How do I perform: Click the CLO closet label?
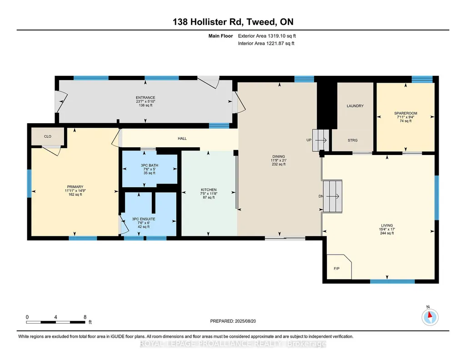(x=48, y=136)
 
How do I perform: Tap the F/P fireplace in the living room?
(x=339, y=267)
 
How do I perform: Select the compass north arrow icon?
(x=430, y=317)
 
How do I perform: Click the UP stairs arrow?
(x=321, y=140)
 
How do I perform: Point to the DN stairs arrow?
(x=332, y=196)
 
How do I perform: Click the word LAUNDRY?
(x=355, y=106)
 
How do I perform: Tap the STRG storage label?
(x=353, y=140)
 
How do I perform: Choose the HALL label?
(x=182, y=139)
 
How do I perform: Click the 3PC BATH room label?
(x=150, y=165)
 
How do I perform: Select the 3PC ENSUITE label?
(x=144, y=219)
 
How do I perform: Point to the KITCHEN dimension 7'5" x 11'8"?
(x=209, y=194)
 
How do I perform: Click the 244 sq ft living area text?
(x=387, y=233)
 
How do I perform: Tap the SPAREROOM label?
(x=406, y=113)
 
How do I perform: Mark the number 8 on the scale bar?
(x=85, y=317)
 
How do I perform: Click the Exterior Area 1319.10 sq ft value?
(x=267, y=36)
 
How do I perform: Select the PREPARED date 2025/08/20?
(x=246, y=321)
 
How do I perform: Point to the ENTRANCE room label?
(x=145, y=97)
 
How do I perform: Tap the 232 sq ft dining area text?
(x=279, y=164)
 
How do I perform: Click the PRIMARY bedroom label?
(x=75, y=187)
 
